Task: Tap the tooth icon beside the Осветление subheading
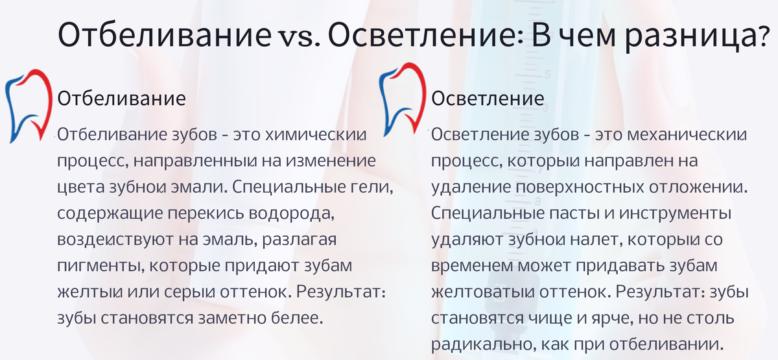pyautogui.click(x=402, y=101)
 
